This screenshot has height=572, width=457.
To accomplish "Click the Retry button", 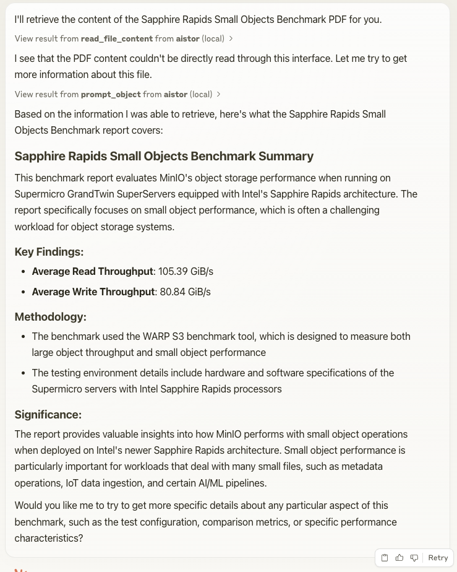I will (438, 558).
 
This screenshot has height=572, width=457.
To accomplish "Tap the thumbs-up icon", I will (399, 558).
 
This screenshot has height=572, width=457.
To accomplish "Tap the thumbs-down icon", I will (414, 558).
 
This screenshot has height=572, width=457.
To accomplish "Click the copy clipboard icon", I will (385, 558).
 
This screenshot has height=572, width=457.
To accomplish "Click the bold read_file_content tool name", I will (116, 38).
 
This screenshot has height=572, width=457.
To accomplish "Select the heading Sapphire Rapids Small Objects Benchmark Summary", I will (164, 156).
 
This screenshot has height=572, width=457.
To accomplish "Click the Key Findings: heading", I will (49, 251).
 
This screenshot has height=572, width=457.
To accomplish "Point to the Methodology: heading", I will (50, 316).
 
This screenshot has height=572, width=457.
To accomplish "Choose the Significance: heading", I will (48, 414).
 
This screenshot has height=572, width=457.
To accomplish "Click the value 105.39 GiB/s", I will (186, 271).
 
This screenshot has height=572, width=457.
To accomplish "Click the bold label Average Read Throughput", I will (92, 271).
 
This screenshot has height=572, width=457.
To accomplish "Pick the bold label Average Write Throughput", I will (93, 292).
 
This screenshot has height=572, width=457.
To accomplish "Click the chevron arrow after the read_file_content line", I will (231, 38).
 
